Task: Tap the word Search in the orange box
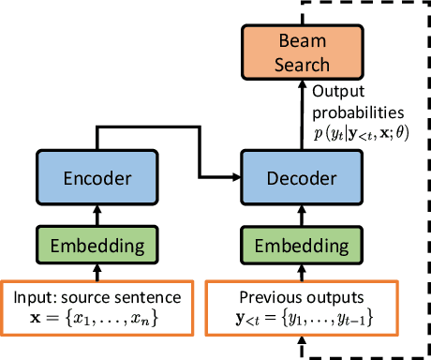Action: pos(303,65)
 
